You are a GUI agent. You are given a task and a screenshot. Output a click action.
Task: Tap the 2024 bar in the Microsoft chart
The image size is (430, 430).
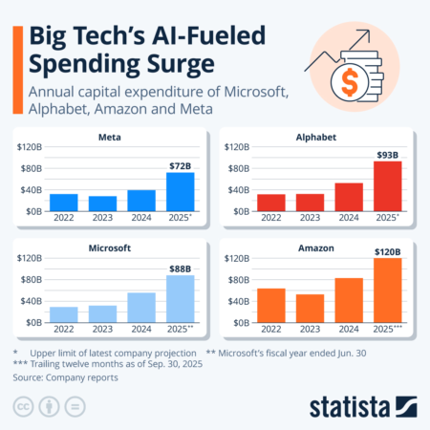pyautogui.click(x=140, y=308)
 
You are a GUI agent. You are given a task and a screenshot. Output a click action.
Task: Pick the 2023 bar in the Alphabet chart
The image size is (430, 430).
pyautogui.click(x=310, y=203)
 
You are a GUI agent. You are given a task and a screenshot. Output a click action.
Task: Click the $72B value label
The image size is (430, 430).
pyautogui.click(x=180, y=166)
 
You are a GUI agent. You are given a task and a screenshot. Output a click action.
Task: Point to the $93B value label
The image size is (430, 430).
pyautogui.click(x=387, y=155)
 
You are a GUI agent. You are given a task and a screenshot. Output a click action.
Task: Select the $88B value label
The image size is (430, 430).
pyautogui.click(x=180, y=269)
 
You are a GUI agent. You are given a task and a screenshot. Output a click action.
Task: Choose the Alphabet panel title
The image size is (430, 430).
pyautogui.click(x=315, y=137)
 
